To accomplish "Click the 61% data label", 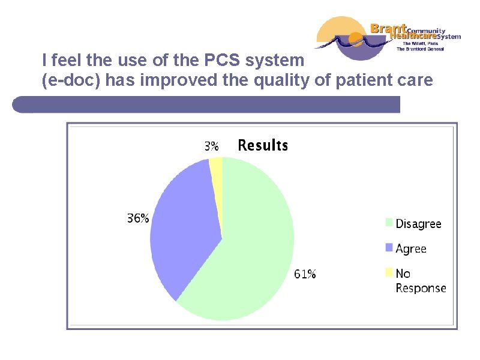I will click(x=305, y=274).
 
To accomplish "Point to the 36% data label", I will click(x=138, y=219).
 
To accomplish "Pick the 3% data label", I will click(x=211, y=146).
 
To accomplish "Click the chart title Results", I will click(x=263, y=145).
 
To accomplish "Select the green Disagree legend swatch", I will click(x=389, y=223).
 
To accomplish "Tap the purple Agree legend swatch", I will click(x=389, y=247).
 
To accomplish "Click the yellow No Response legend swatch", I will click(x=389, y=273).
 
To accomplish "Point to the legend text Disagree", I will click(x=418, y=224).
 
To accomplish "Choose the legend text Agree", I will click(x=411, y=248).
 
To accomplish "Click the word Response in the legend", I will click(x=421, y=288).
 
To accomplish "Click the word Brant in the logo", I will click(x=388, y=28).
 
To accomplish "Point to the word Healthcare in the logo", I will click(x=413, y=36).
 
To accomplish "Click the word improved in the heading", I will click(x=176, y=81).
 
